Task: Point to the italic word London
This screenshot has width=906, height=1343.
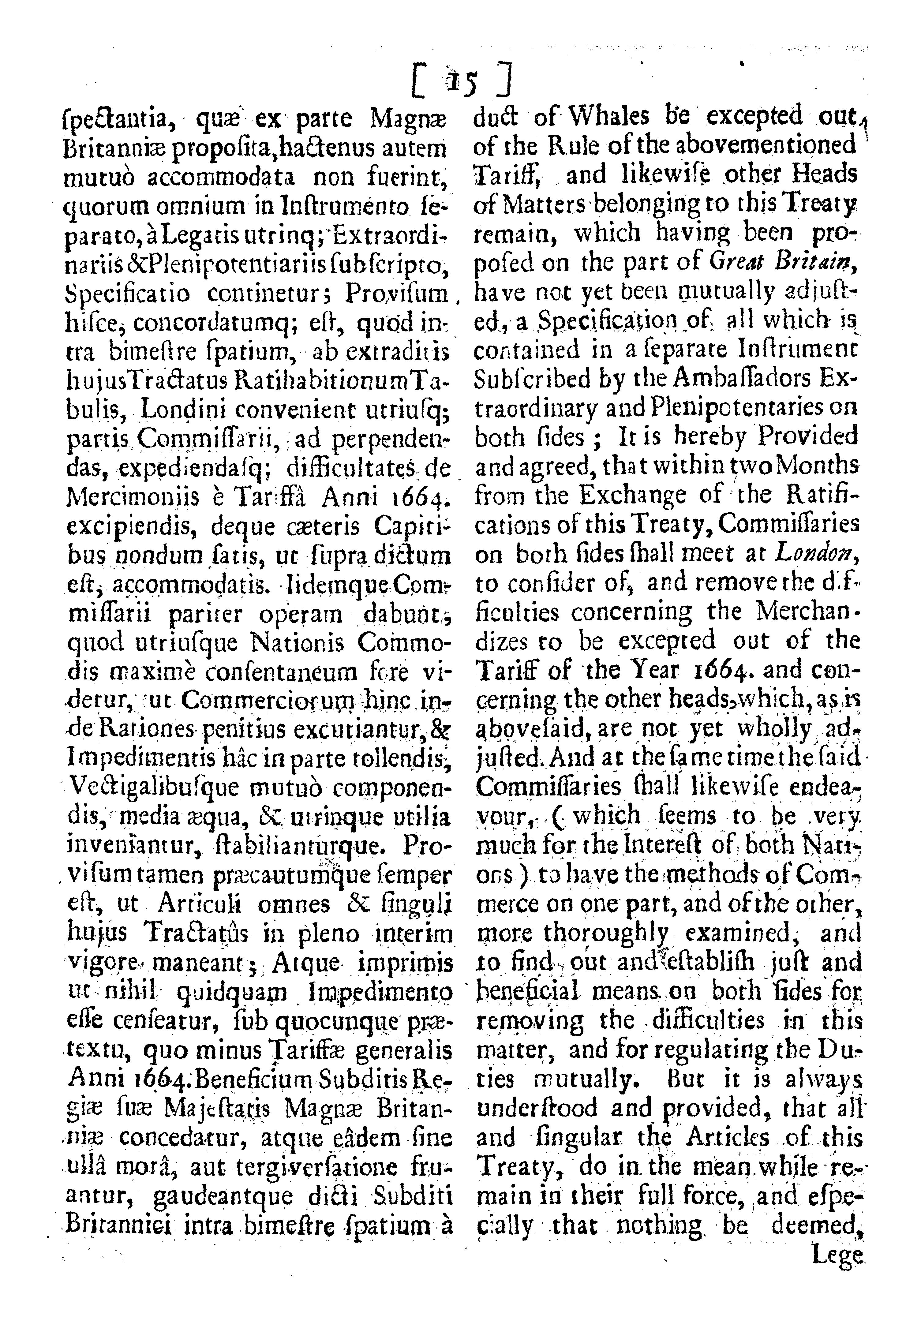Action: click(x=816, y=553)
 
